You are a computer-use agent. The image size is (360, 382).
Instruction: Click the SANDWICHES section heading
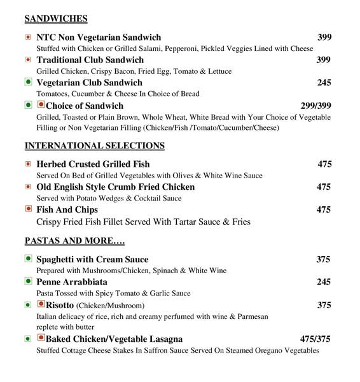(56, 18)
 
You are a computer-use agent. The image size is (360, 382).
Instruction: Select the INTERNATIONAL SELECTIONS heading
(94, 146)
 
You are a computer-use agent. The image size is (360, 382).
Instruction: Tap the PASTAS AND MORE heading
(74, 241)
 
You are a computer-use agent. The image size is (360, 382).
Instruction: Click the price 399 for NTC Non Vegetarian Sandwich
(324, 38)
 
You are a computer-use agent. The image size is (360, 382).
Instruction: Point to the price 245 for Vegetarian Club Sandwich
(324, 82)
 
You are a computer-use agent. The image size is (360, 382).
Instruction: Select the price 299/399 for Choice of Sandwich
(316, 105)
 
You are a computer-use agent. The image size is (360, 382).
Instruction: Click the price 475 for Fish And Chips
(324, 209)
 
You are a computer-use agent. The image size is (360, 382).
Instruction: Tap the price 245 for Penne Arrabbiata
(324, 281)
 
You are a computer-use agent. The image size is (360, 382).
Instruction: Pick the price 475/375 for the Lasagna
(315, 339)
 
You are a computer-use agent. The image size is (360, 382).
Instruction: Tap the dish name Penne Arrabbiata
(72, 281)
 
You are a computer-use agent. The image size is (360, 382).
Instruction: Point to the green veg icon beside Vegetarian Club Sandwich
(28, 82)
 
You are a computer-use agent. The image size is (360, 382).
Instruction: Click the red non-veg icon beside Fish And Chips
(28, 209)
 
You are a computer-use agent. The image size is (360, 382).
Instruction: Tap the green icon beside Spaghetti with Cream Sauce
(28, 259)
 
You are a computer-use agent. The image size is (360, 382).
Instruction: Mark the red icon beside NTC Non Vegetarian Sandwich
(28, 38)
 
